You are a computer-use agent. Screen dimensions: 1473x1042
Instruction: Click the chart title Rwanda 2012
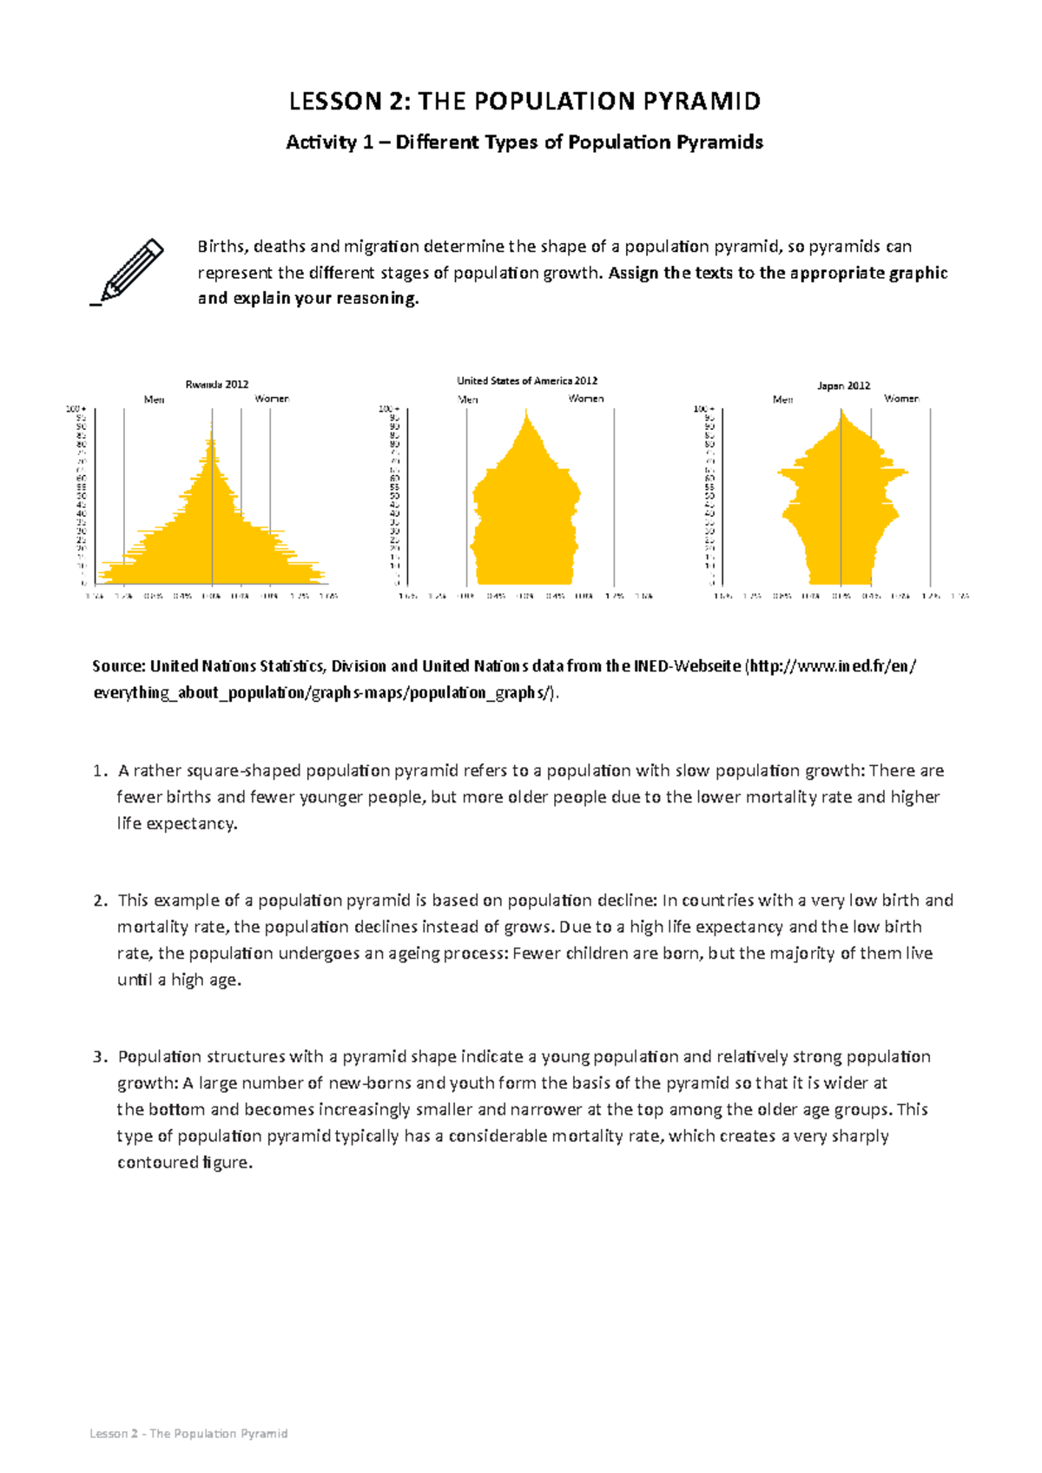pyautogui.click(x=217, y=384)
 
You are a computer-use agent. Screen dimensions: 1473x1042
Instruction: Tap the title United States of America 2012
pyautogui.click(x=527, y=380)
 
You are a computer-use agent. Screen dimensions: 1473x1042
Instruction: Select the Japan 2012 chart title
pyautogui.click(x=843, y=386)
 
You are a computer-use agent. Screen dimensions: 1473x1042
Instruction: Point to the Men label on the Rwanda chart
pyautogui.click(x=154, y=400)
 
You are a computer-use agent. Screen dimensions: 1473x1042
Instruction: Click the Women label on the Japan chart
pyautogui.click(x=901, y=399)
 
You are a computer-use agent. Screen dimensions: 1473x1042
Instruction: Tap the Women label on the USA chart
pyautogui.click(x=586, y=399)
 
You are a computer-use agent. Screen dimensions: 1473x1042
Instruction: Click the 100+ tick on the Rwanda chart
pyautogui.click(x=76, y=408)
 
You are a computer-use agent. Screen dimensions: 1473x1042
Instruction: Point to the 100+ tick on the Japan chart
pyautogui.click(x=703, y=408)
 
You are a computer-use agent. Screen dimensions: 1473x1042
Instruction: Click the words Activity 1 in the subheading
pyautogui.click(x=322, y=142)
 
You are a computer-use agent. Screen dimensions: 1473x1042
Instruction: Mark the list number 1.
pyautogui.click(x=98, y=771)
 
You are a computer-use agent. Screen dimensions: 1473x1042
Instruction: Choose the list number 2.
pyautogui.click(x=98, y=901)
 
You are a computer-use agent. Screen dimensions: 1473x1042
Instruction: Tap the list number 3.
pyautogui.click(x=98, y=1057)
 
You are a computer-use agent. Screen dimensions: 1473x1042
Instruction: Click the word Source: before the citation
pyautogui.click(x=119, y=667)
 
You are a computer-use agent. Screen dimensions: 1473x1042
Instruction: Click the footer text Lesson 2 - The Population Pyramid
pyautogui.click(x=188, y=1433)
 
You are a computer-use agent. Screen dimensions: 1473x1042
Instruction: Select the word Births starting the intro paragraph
pyautogui.click(x=221, y=247)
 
